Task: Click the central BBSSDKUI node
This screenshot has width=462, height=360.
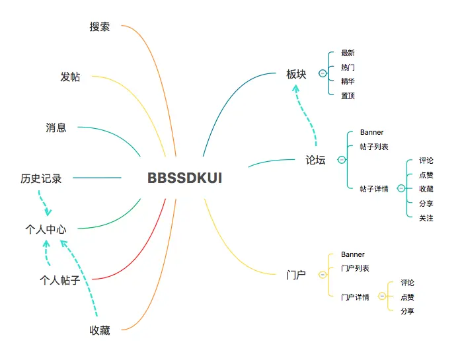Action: coord(184,178)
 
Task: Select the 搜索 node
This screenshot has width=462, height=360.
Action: coord(100,27)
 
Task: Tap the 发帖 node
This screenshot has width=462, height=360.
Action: coord(70,77)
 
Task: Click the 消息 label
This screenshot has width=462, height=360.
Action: coord(56,127)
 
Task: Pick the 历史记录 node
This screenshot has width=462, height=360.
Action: coord(41,178)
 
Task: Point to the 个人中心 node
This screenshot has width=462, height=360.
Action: coord(46,229)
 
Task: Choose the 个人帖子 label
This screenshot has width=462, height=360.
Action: coord(59,280)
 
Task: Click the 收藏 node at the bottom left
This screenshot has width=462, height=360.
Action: coord(100,330)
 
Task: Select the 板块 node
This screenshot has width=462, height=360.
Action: coord(296,74)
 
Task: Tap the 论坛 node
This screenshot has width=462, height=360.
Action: coord(315,160)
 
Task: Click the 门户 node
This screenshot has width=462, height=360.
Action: coord(295,274)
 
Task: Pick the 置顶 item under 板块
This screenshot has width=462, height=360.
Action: coord(348,96)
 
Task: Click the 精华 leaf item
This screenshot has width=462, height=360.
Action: coord(348,81)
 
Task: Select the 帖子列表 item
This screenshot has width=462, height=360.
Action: coord(374,147)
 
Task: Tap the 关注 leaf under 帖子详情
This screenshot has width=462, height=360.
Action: coord(426,218)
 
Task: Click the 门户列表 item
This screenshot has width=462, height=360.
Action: coord(355,268)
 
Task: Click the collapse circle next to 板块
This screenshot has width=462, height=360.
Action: coord(323,74)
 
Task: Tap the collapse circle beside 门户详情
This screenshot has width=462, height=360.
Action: coord(382,297)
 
